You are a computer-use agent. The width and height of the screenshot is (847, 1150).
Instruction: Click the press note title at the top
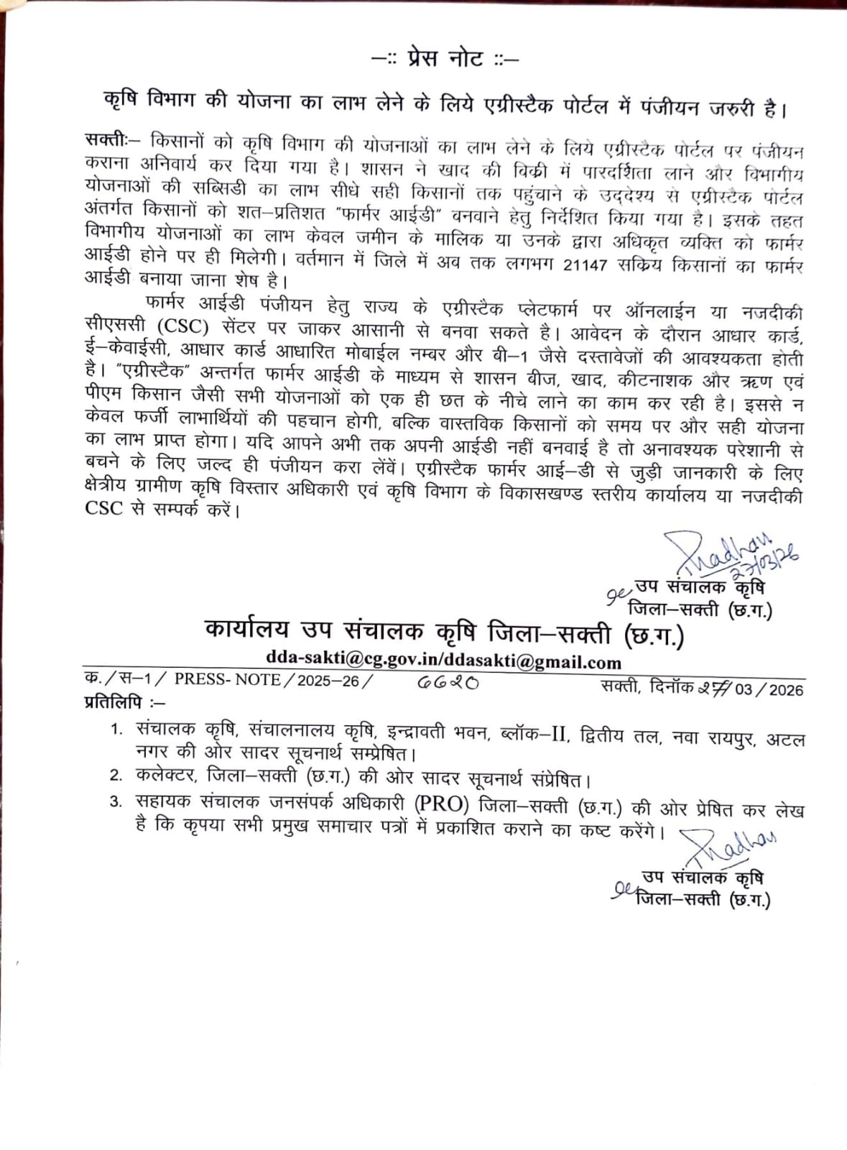pos(445,58)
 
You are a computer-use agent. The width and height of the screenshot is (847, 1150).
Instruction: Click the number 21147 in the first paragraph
pos(586,265)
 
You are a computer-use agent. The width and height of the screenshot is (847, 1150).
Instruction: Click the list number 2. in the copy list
pos(116,775)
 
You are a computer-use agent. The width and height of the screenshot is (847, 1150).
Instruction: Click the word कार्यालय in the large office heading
pos(246,630)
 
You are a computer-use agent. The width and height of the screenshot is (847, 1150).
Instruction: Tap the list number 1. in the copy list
pos(116,730)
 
